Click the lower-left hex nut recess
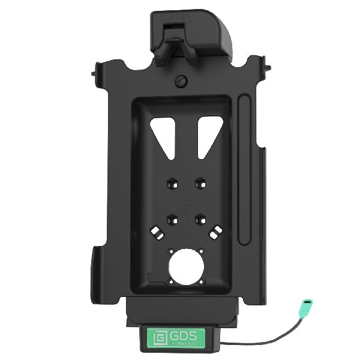click(171, 218)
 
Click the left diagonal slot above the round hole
click(158, 231)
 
